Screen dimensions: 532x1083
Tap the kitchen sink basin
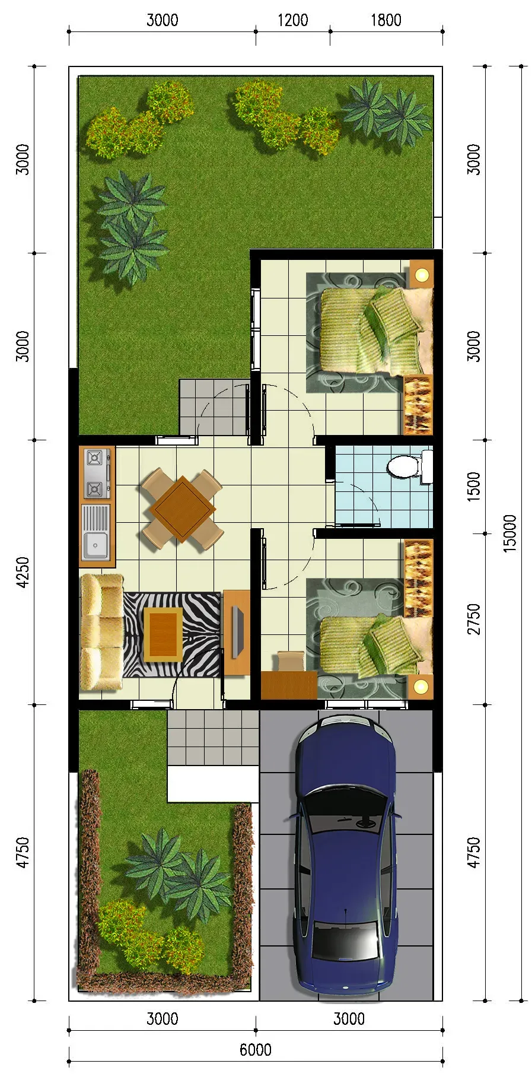tap(95, 545)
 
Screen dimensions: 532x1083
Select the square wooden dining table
tap(183, 509)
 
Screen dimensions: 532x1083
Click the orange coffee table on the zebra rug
tap(163, 634)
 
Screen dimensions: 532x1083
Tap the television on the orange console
tap(238, 631)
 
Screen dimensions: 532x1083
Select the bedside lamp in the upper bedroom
tap(422, 274)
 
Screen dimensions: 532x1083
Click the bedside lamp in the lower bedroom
tap(421, 687)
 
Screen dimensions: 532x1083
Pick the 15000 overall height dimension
tap(510, 533)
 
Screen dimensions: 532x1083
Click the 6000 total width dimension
tap(256, 1049)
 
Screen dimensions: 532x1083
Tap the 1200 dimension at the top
tap(293, 20)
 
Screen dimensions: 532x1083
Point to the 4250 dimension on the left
tap(23, 572)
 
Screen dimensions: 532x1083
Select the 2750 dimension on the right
tap(473, 618)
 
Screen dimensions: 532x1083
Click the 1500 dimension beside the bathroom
tap(473, 487)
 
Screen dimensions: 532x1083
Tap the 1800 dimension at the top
tap(386, 20)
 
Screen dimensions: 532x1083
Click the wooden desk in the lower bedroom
tap(289, 685)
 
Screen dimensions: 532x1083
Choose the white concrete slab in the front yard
tap(213, 784)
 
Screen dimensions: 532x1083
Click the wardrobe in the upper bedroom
tap(418, 405)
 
